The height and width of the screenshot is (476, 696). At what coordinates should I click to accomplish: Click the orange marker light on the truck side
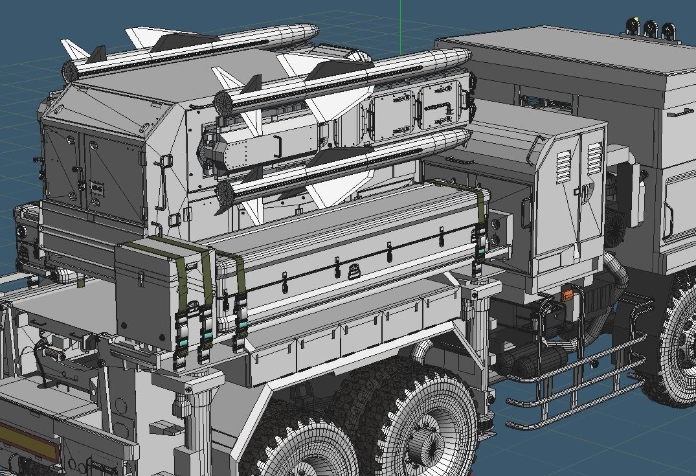tap(568, 295)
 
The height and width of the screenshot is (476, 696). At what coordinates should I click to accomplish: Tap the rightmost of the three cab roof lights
tap(668, 29)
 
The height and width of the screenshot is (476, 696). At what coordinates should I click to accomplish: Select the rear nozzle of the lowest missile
tap(223, 191)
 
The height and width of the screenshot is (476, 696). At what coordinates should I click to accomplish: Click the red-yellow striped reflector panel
tap(26, 440)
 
